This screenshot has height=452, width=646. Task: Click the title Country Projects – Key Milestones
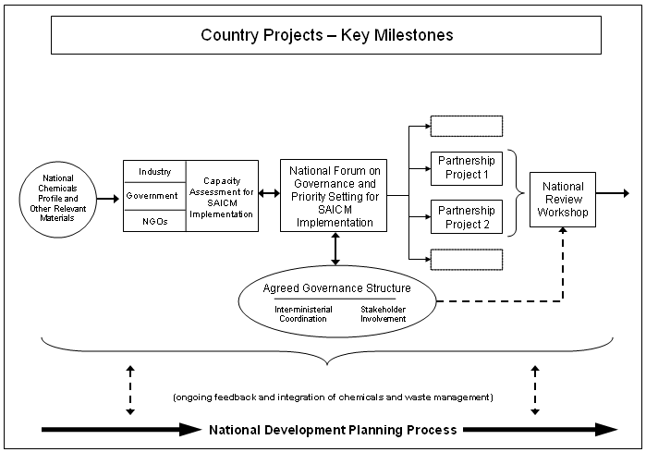click(326, 36)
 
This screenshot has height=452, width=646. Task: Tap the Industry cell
click(154, 172)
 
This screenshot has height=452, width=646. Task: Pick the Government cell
click(154, 196)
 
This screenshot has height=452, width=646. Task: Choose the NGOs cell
click(154, 220)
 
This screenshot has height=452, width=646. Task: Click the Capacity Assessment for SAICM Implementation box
click(222, 196)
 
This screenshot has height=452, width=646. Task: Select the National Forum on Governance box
click(334, 196)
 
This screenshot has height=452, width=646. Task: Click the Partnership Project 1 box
click(467, 167)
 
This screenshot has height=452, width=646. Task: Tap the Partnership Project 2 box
click(467, 216)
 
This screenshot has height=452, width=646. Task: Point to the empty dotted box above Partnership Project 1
click(467, 127)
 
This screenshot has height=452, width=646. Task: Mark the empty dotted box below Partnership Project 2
click(467, 259)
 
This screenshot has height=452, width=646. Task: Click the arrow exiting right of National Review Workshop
click(614, 194)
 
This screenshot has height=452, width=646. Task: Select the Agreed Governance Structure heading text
click(336, 288)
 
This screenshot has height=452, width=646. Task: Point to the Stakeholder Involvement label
click(383, 314)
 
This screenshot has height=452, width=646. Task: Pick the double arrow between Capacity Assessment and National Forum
click(270, 195)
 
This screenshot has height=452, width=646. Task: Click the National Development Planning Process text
click(333, 430)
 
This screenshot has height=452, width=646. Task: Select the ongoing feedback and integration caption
click(333, 397)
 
